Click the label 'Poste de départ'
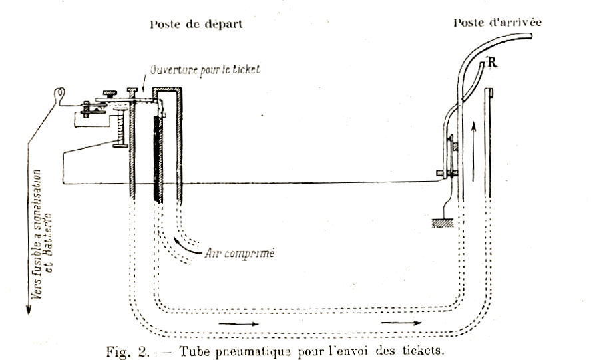point(195,24)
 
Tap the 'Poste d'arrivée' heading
point(497,22)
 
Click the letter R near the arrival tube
point(491,63)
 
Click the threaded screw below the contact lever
point(121,129)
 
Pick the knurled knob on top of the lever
point(106,92)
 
